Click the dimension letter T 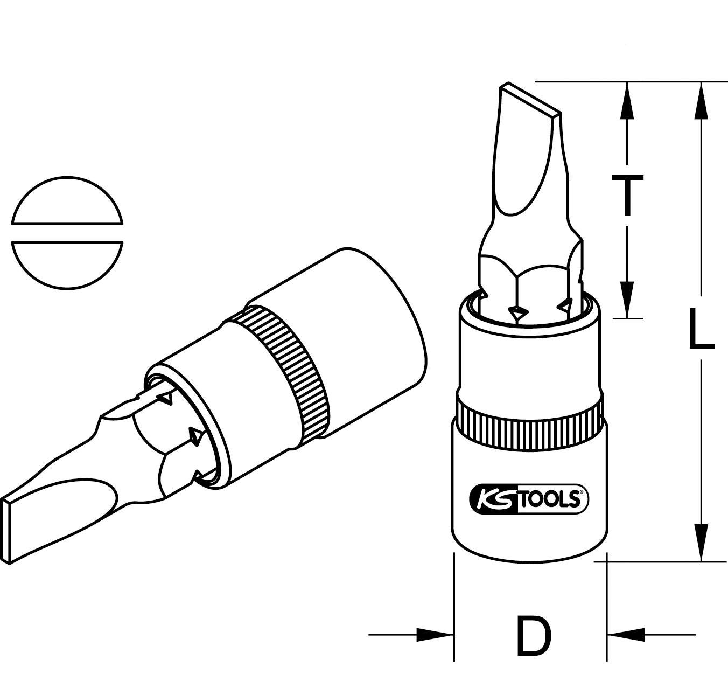[626, 195]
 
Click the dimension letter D [534, 635]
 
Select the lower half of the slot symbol [67, 264]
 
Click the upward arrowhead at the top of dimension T [626, 100]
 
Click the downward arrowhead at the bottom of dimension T [626, 299]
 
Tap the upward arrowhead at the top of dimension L [701, 100]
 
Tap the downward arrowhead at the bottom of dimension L [701, 541]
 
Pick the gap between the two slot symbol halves [67, 232]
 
